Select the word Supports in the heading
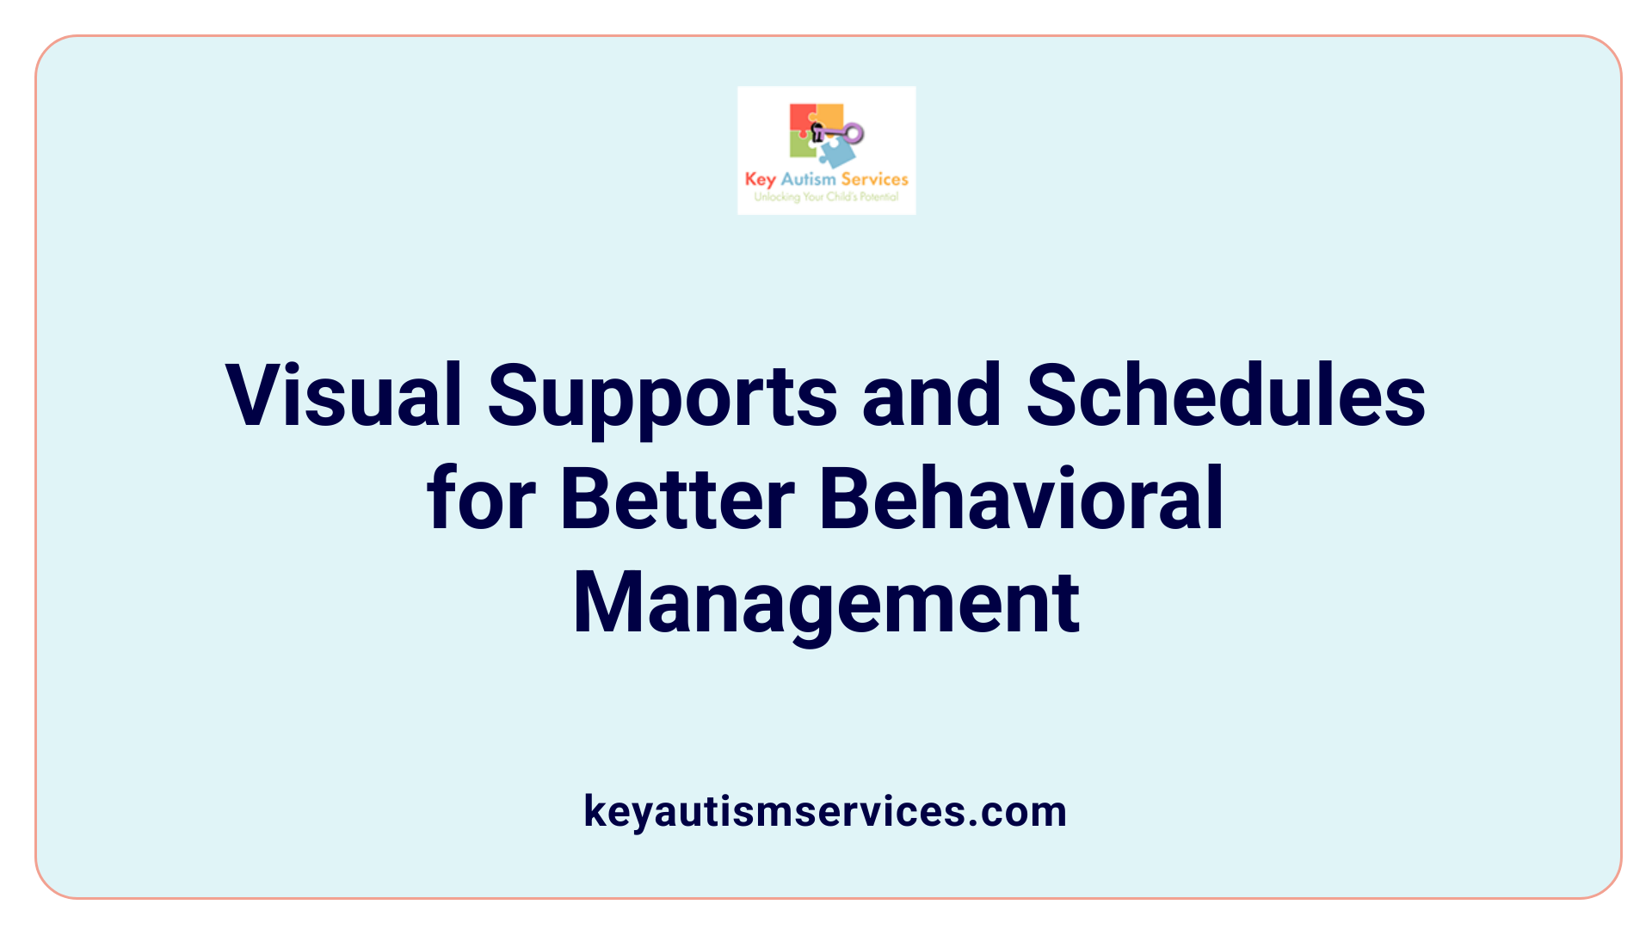click(x=662, y=397)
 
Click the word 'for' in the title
click(x=481, y=499)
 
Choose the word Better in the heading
click(x=677, y=499)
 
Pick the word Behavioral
click(x=1021, y=499)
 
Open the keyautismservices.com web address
click(x=825, y=811)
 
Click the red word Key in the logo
click(x=760, y=179)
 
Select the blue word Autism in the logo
click(x=808, y=179)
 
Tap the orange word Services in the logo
click(x=874, y=179)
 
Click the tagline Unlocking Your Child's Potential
click(x=826, y=197)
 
